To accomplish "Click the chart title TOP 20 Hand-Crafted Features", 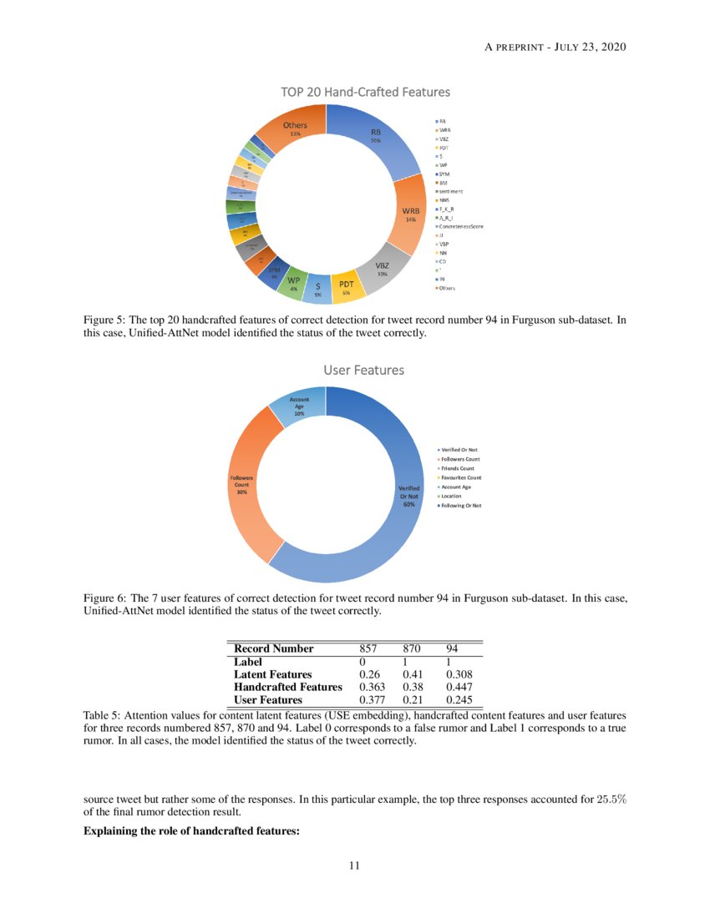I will pyautogui.click(x=365, y=92).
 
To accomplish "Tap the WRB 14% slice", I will pyautogui.click(x=410, y=215).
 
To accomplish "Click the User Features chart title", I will pyautogui.click(x=363, y=369).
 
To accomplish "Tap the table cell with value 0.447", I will pyautogui.click(x=460, y=687).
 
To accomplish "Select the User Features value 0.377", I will pyautogui.click(x=370, y=700).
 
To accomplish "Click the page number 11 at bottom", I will pyautogui.click(x=354, y=865).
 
